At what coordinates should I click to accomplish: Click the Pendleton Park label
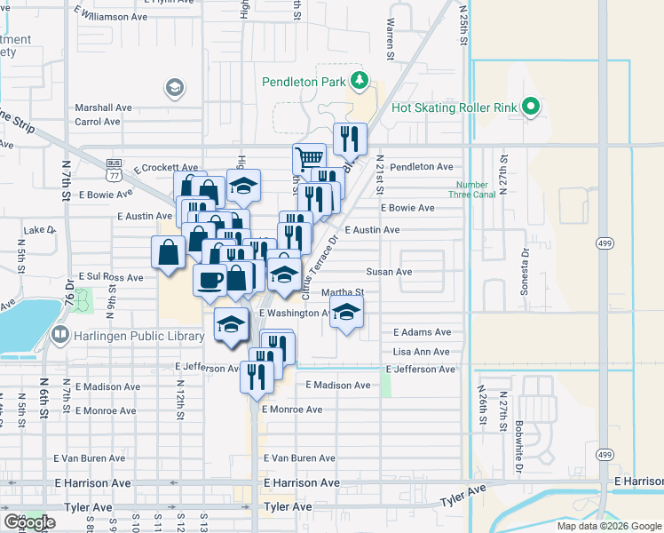pos(302,83)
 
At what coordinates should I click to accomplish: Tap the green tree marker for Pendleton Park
pos(359,82)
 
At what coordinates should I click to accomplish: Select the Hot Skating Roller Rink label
pos(455,107)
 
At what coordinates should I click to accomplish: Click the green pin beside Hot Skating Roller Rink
pos(532,107)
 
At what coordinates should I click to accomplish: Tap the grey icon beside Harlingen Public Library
pos(60,336)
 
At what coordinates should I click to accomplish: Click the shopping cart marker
pos(309,159)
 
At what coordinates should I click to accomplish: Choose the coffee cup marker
pos(210,279)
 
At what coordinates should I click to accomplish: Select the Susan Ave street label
pos(391,272)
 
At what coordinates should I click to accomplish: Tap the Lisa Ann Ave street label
pos(422,352)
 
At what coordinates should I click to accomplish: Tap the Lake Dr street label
pos(39,229)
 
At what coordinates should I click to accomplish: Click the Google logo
pos(29,522)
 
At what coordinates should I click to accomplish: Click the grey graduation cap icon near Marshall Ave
pos(174,87)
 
